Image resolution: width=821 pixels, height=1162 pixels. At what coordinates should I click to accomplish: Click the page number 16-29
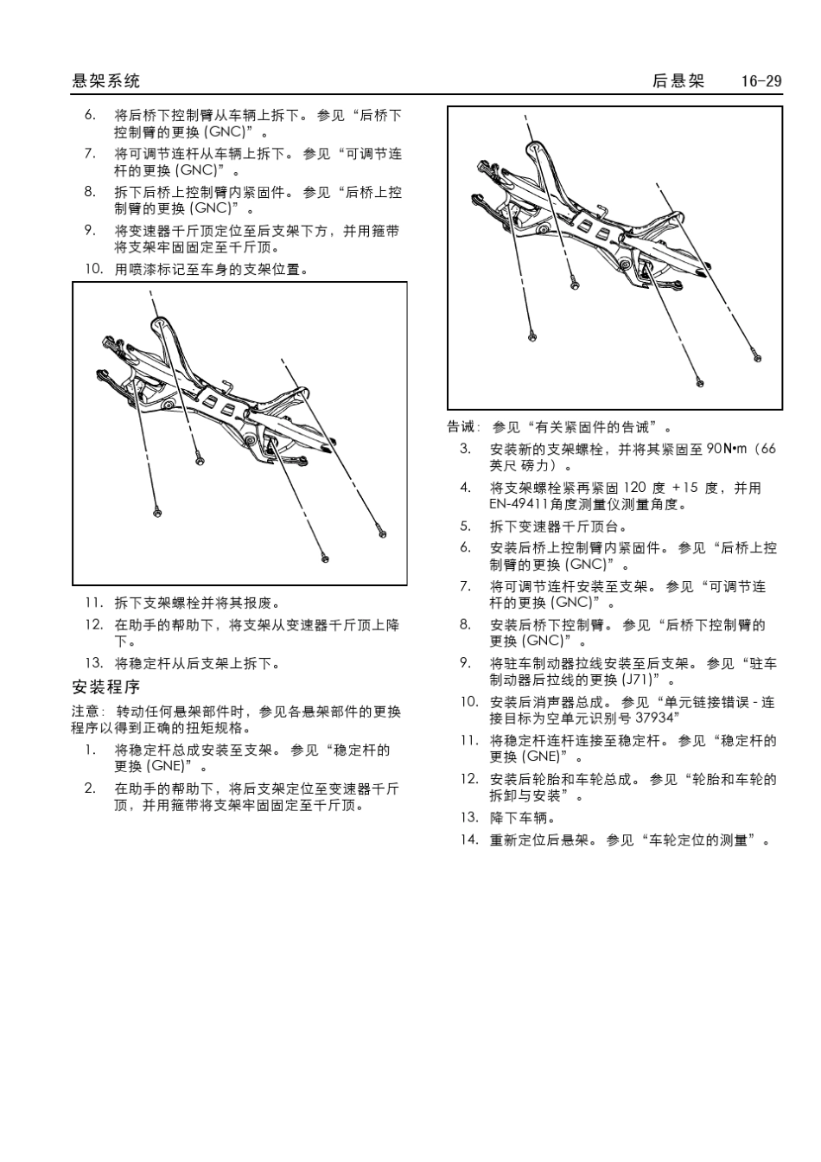[x=761, y=81]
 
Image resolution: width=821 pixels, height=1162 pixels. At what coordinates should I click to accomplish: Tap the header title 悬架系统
[x=105, y=81]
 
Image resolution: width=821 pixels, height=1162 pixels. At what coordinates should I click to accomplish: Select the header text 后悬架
[x=678, y=81]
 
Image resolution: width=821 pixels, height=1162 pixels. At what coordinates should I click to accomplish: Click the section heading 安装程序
[x=105, y=687]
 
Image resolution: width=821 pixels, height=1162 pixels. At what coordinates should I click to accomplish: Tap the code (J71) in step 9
[x=640, y=680]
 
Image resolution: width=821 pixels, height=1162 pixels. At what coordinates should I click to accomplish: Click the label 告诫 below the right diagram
[x=462, y=427]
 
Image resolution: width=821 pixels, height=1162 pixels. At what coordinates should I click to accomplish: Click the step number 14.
[x=468, y=840]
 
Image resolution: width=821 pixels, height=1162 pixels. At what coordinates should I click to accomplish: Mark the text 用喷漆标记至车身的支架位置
[x=212, y=269]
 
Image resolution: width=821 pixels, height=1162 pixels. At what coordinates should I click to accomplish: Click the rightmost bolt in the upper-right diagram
[x=757, y=356]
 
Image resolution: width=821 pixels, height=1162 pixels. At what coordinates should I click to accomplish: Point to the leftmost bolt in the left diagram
[x=156, y=514]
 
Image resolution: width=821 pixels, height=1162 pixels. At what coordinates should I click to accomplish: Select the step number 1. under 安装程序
[x=90, y=750]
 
